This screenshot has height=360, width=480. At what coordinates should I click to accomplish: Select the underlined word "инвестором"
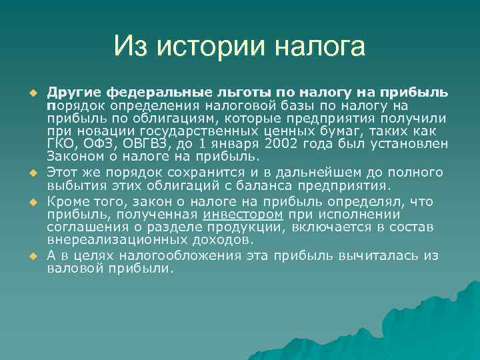click(x=243, y=215)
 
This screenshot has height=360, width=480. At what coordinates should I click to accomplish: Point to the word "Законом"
click(x=72, y=157)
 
